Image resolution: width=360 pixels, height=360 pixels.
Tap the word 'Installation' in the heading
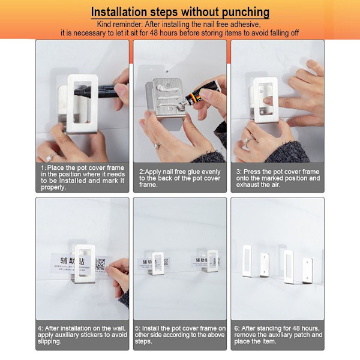(x=119, y=12)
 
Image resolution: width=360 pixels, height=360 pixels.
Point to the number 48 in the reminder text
(x=154, y=33)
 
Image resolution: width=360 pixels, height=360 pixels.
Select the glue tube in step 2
(x=203, y=91)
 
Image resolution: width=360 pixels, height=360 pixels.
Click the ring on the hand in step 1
(x=50, y=157)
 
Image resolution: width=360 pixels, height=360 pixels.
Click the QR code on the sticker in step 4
(x=100, y=264)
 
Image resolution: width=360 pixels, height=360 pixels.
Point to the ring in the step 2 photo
(x=158, y=146)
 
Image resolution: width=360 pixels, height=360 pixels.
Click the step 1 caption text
(x=83, y=178)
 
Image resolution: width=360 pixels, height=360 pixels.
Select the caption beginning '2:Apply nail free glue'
(x=179, y=178)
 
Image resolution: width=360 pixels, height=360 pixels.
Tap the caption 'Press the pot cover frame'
(x=278, y=178)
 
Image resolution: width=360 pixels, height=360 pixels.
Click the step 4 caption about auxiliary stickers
(x=82, y=335)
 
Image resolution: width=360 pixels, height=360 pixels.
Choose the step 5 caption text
(x=180, y=335)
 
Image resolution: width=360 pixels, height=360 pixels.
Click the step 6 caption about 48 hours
(x=278, y=335)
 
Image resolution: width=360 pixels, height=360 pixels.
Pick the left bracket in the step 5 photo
(x=157, y=263)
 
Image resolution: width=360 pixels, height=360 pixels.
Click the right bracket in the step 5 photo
(x=211, y=261)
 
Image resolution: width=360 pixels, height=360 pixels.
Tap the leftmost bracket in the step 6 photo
(x=247, y=261)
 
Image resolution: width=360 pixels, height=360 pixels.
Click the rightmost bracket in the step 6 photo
(x=307, y=271)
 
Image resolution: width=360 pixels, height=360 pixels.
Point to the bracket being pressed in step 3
(x=265, y=100)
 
